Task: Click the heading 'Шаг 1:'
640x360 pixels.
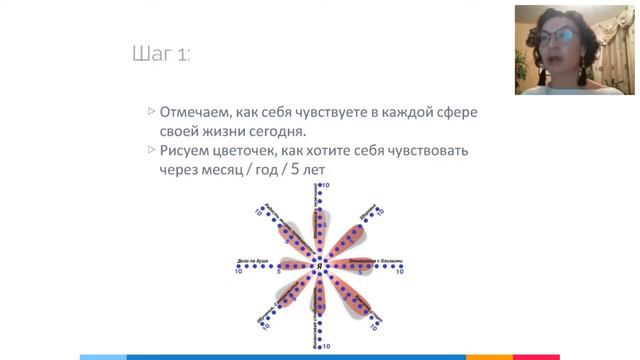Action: point(161,54)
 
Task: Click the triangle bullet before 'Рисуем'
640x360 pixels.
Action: point(151,151)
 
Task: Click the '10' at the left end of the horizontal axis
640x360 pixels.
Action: point(239,271)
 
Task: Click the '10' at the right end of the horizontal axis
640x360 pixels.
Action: point(399,271)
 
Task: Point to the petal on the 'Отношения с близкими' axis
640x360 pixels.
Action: point(356,264)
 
